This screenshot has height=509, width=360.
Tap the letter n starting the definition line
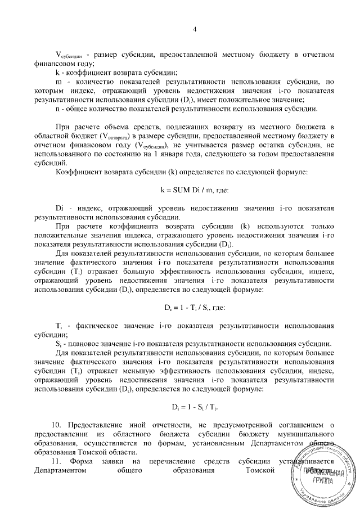click(58, 107)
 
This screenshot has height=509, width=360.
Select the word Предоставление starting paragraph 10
click(96, 424)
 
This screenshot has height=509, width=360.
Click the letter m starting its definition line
click(58, 82)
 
